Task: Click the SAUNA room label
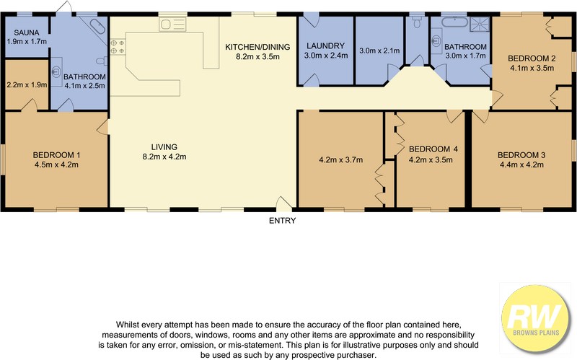pyautogui.click(x=27, y=32)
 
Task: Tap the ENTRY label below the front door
pyautogui.click(x=282, y=221)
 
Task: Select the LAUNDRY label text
pyautogui.click(x=326, y=46)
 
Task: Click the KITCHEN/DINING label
pyautogui.click(x=257, y=47)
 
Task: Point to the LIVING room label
pyautogui.click(x=164, y=147)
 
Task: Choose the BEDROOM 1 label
pyautogui.click(x=56, y=155)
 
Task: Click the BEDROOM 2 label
pyautogui.click(x=532, y=58)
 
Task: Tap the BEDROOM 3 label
pyautogui.click(x=521, y=155)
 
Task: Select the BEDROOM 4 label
pyautogui.click(x=433, y=149)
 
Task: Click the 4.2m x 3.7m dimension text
pyautogui.click(x=340, y=159)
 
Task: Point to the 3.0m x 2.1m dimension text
pyautogui.click(x=379, y=51)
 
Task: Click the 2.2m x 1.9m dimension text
pyautogui.click(x=27, y=85)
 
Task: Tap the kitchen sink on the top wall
pyautogui.click(x=172, y=25)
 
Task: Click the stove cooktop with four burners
pyautogui.click(x=118, y=46)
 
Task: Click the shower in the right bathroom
pyautogui.click(x=480, y=25)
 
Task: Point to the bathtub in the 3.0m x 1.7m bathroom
pyautogui.click(x=454, y=22)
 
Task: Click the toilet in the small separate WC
pyautogui.click(x=417, y=22)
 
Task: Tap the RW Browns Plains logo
pyautogui.click(x=534, y=318)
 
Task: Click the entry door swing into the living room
pyautogui.click(x=283, y=203)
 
